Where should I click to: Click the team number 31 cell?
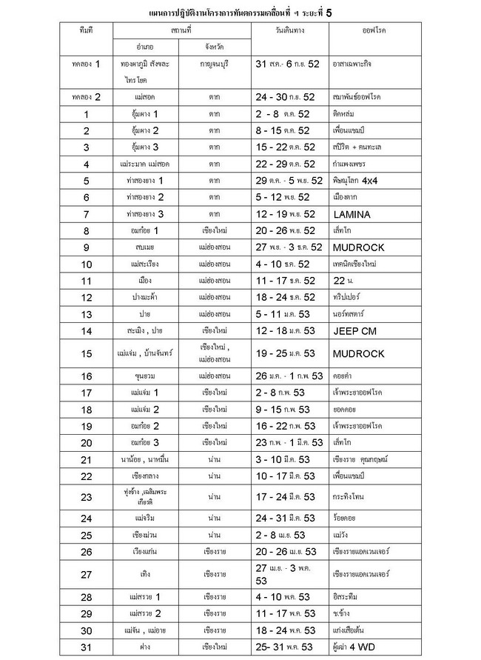pyautogui.click(x=87, y=647)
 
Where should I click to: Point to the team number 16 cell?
pyautogui.click(x=87, y=376)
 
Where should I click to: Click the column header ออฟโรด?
pyautogui.click(x=375, y=32)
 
